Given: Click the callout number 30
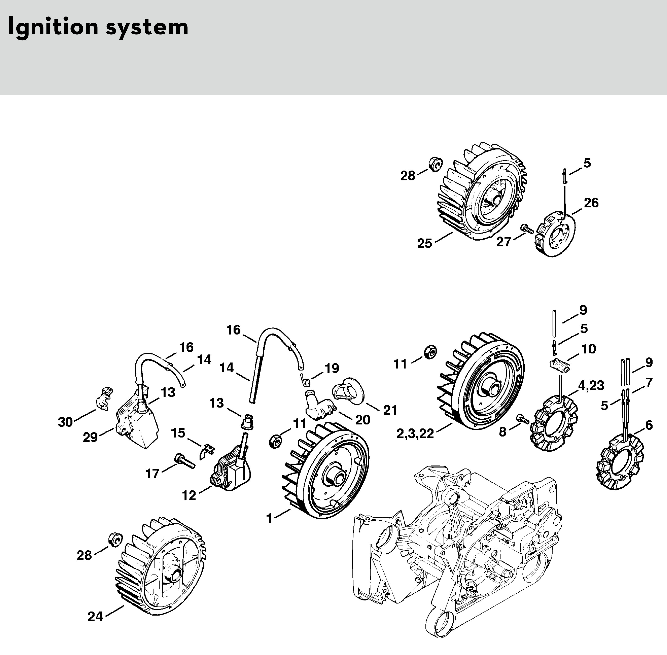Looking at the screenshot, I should [x=65, y=422].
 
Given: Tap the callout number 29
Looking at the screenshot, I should [x=90, y=438].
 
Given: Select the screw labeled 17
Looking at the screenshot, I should [x=185, y=461].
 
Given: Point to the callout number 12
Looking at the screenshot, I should [x=189, y=495].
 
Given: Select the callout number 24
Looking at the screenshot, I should [x=95, y=617].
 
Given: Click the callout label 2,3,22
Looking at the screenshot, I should [x=415, y=434].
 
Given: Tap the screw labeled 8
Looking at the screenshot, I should [x=522, y=419].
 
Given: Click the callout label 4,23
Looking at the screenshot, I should [x=591, y=386].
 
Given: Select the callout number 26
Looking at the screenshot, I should [x=591, y=203].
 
